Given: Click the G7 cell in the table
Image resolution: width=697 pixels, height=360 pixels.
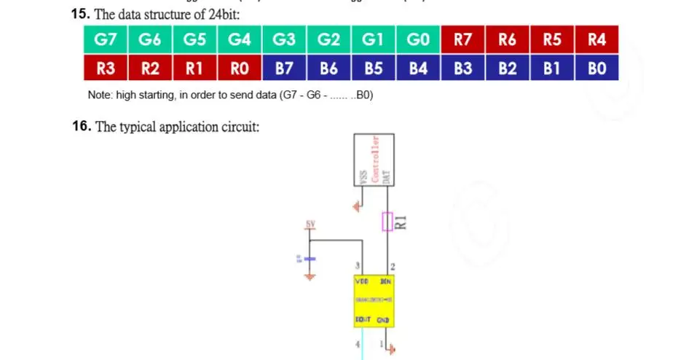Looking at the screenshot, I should pyautogui.click(x=106, y=40).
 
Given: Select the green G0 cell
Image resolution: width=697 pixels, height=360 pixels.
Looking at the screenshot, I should pyautogui.click(x=418, y=40).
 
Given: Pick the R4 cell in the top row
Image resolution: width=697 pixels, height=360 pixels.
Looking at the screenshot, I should pyautogui.click(x=596, y=40).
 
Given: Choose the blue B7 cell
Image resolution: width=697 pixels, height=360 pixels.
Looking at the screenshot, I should pyautogui.click(x=284, y=69).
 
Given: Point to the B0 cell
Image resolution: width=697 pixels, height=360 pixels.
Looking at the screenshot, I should pyautogui.click(x=596, y=69).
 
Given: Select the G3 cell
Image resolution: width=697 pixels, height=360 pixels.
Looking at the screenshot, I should pyautogui.click(x=284, y=40).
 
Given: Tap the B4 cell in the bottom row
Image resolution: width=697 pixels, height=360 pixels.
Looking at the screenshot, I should pyautogui.click(x=418, y=69).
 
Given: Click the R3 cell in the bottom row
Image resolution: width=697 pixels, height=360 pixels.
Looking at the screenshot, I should pyautogui.click(x=106, y=69).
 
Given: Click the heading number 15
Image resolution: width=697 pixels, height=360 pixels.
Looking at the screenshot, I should pyautogui.click(x=80, y=14).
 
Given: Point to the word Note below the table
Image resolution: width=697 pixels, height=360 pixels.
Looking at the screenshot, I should pyautogui.click(x=100, y=95).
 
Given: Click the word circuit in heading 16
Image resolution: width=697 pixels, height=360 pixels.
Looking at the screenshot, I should pyautogui.click(x=239, y=128).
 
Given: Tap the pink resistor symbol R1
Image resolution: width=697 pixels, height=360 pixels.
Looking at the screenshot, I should pyautogui.click(x=387, y=222).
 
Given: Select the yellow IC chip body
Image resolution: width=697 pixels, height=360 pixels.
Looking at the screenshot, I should pyautogui.click(x=373, y=300).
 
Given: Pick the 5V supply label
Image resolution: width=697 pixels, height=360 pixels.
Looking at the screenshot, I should pyautogui.click(x=310, y=224).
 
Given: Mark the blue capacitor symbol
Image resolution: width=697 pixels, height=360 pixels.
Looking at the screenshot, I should pyautogui.click(x=310, y=259).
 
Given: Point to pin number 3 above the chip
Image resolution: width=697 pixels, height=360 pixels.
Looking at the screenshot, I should pyautogui.click(x=357, y=266).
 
